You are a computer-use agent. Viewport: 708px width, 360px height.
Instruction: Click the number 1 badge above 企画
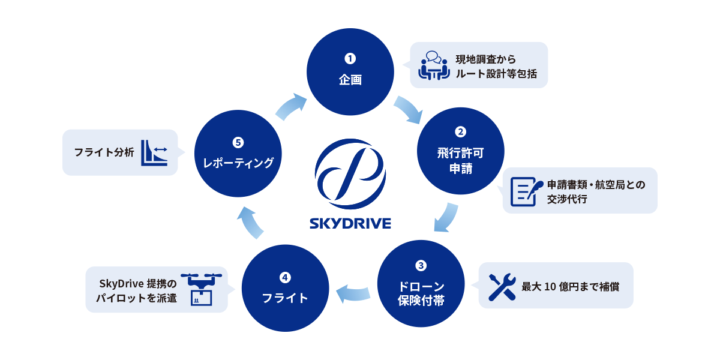pos(350,59)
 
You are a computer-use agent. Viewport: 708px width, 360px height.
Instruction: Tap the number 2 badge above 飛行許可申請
pos(461,131)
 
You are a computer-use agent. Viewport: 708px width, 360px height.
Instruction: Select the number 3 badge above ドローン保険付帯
pos(421,265)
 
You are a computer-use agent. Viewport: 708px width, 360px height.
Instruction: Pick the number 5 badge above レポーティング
pos(238,142)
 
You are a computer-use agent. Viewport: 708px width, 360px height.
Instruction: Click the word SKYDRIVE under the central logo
pos(350,224)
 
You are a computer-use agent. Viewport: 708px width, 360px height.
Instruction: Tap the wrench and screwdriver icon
pos(502,286)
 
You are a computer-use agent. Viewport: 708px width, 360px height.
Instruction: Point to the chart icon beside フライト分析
pos(154,152)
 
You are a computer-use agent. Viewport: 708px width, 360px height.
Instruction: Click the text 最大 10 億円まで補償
pos(570,286)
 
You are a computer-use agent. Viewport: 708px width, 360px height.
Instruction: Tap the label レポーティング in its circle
pos(238,163)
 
